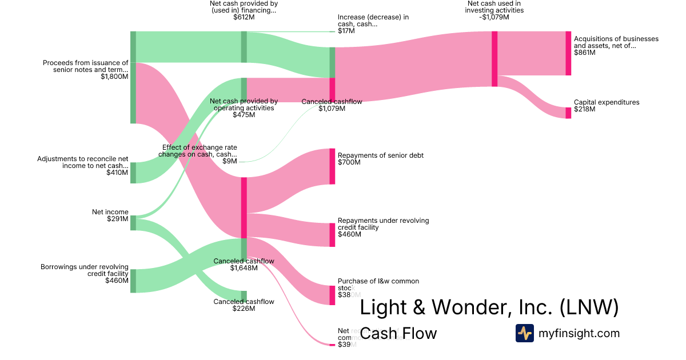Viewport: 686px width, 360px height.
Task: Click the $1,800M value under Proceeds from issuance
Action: pos(114,77)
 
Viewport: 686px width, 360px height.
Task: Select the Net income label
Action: pos(110,212)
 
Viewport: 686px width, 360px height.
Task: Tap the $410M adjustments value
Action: pos(117,173)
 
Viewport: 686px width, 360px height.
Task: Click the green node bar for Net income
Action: pos(133,223)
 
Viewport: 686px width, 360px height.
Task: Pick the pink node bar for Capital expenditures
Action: pos(568,113)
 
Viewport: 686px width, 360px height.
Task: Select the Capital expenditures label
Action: pos(607,102)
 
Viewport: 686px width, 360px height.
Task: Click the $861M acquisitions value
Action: pos(584,53)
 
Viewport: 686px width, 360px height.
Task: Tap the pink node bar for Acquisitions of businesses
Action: pos(568,53)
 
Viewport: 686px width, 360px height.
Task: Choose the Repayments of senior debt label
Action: pos(380,155)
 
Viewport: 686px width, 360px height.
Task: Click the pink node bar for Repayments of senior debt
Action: pos(332,166)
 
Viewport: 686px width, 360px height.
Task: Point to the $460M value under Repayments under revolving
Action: pos(349,234)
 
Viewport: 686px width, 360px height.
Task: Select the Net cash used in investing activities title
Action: pos(494,7)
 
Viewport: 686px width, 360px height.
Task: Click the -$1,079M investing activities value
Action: pos(494,17)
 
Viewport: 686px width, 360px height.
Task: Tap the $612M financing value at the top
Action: pos(244,17)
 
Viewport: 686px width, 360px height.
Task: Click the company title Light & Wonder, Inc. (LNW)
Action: pos(489,307)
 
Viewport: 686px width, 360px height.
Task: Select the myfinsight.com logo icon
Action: pos(525,333)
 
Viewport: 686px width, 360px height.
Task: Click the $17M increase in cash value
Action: pos(346,31)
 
